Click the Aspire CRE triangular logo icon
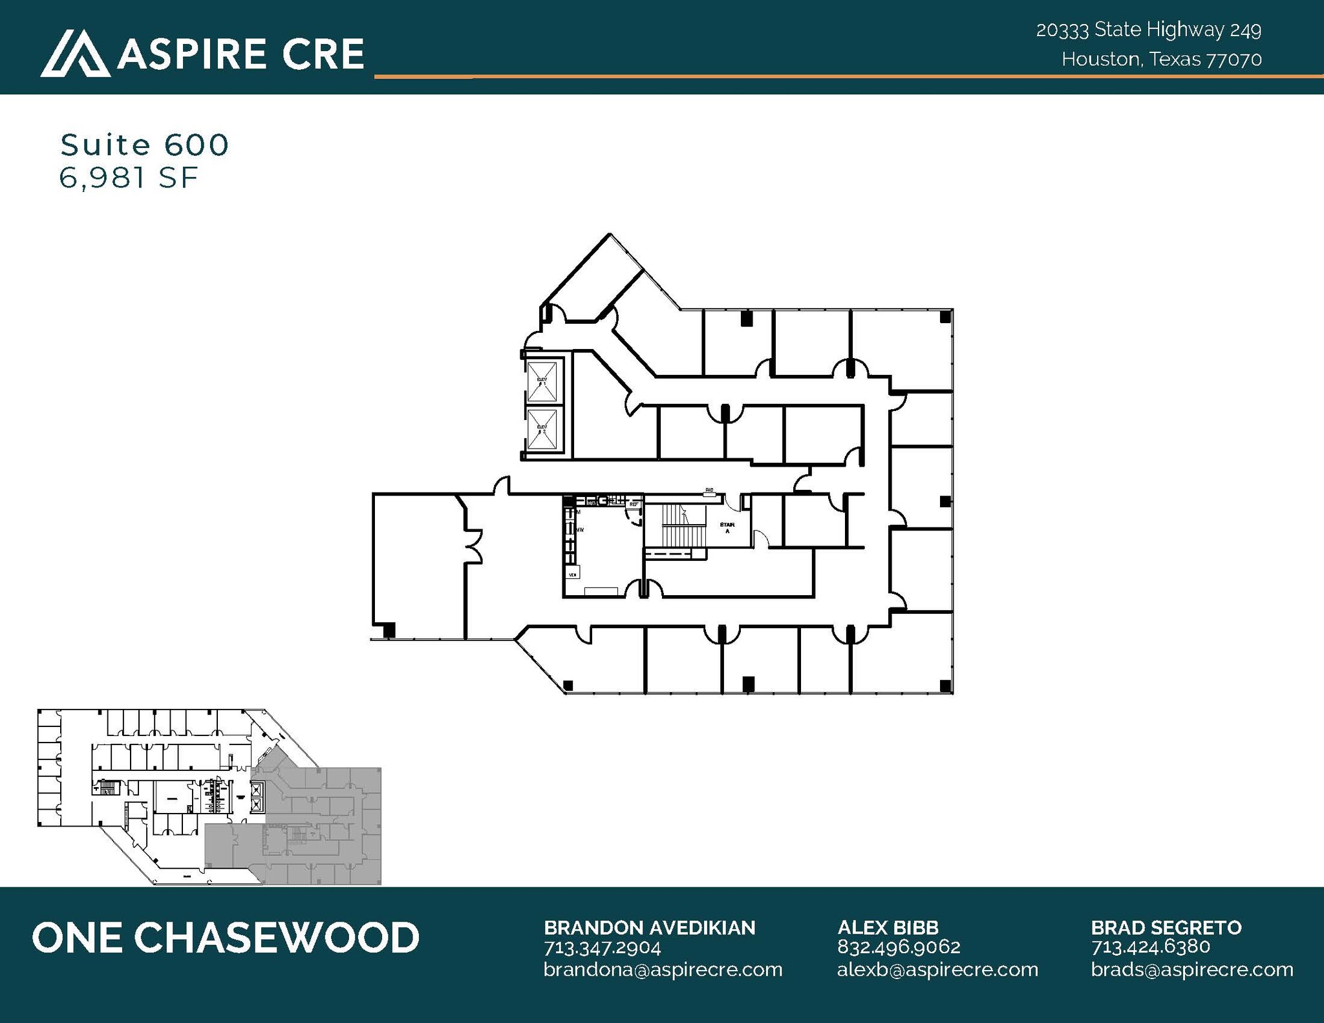pyautogui.click(x=74, y=54)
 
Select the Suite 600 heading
pyautogui.click(x=145, y=145)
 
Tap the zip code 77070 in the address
pyautogui.click(x=1234, y=59)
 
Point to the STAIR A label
pyautogui.click(x=727, y=527)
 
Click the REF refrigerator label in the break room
pyautogui.click(x=634, y=503)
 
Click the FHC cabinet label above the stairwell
pyautogui.click(x=709, y=491)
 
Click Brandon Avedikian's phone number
pyautogui.click(x=602, y=948)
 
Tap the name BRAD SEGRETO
pyautogui.click(x=1166, y=927)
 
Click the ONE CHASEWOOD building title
pyautogui.click(x=226, y=938)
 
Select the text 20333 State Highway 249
pyautogui.click(x=1148, y=30)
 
